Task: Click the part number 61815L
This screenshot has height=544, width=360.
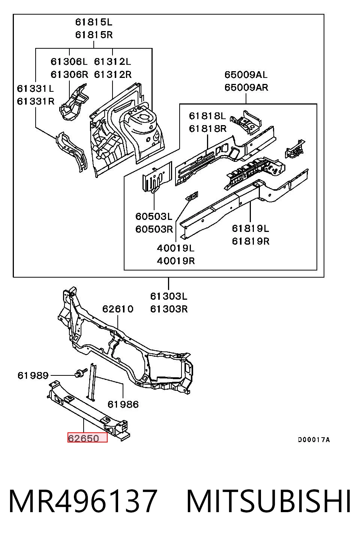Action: pos(94,22)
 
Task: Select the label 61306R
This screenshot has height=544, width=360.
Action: pos(69,74)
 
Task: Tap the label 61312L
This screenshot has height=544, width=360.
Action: pos(112,62)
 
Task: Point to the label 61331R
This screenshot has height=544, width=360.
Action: pos(36,101)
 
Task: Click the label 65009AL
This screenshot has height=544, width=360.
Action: pos(246,75)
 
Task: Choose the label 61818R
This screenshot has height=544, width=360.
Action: pos(208,129)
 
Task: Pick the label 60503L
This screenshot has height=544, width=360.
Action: pos(154,216)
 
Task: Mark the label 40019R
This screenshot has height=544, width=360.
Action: pos(176,261)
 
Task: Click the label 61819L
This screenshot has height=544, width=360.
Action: pos(250,228)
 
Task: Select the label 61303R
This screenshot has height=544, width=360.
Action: pos(169,309)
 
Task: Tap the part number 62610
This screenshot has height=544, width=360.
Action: pos(118,309)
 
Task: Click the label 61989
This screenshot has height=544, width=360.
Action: pos(33,376)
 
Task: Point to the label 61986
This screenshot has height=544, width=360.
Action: pos(123,404)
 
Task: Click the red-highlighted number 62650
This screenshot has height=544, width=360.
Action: pos(83,438)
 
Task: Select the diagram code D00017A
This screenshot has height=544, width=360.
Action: pos(314,439)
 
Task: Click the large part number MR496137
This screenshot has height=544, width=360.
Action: pos(82,501)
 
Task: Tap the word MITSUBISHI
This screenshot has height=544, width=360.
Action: pos(268,501)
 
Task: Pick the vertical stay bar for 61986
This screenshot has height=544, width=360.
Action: pos(91,382)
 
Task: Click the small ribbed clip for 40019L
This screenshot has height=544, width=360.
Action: pos(192,196)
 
